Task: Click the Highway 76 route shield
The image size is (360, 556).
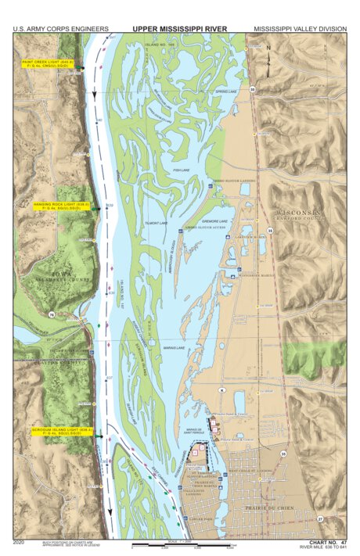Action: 52,314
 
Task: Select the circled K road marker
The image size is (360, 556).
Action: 221,389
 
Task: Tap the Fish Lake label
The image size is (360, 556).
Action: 181,169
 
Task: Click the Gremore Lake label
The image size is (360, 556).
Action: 215,221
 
